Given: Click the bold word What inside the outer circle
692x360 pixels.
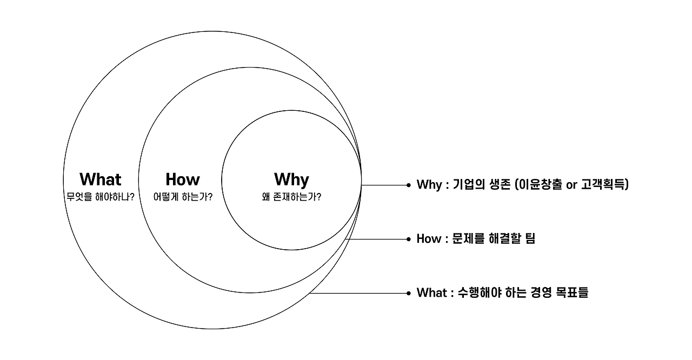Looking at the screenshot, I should click(x=101, y=179).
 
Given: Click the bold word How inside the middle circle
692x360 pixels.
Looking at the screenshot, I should click(x=183, y=179).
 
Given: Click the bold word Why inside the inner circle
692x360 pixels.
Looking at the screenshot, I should click(x=291, y=179).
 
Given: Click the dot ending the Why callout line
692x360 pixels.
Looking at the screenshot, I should click(x=409, y=185).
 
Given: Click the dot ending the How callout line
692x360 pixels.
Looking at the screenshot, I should click(x=409, y=239).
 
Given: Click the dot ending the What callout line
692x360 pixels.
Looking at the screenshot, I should click(x=409, y=293).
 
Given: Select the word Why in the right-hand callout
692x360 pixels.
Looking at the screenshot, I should click(x=429, y=185).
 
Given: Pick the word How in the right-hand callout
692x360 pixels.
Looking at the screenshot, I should click(x=429, y=239).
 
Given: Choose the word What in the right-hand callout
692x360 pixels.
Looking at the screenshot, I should click(x=431, y=293).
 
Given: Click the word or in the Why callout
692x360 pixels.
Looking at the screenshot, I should click(x=571, y=185).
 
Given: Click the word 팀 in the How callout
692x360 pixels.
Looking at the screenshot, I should click(x=529, y=239).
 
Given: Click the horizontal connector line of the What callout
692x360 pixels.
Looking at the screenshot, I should click(x=360, y=293).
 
